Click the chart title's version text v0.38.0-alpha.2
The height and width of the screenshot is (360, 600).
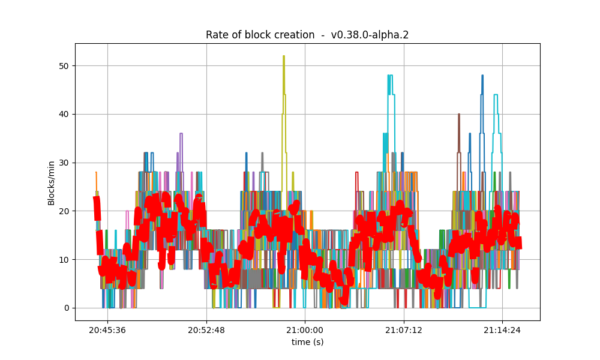pyautogui.click(x=370, y=35)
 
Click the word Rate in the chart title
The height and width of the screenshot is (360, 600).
pyautogui.click(x=217, y=35)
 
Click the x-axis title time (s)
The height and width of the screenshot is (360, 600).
pyautogui.click(x=307, y=341)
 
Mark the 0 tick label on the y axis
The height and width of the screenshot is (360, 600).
pyautogui.click(x=67, y=308)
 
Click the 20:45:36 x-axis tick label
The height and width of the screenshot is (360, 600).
pyautogui.click(x=107, y=330)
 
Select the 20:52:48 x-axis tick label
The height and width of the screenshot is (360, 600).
pyautogui.click(x=206, y=330)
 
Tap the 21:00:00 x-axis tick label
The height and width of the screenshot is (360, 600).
pyautogui.click(x=305, y=330)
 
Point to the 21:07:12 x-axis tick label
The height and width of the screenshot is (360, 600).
pyautogui.click(x=404, y=330)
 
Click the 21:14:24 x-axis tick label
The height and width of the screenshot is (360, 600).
pyautogui.click(x=502, y=330)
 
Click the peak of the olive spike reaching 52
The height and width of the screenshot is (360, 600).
pyautogui.click(x=284, y=56)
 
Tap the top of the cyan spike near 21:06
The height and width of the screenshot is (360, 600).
pyautogui.click(x=390, y=76)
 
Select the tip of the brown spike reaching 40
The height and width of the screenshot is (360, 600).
pyautogui.click(x=459, y=114)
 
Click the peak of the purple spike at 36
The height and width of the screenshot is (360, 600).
pyautogui.click(x=181, y=134)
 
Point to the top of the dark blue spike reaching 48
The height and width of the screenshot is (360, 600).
pyautogui.click(x=482, y=76)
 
